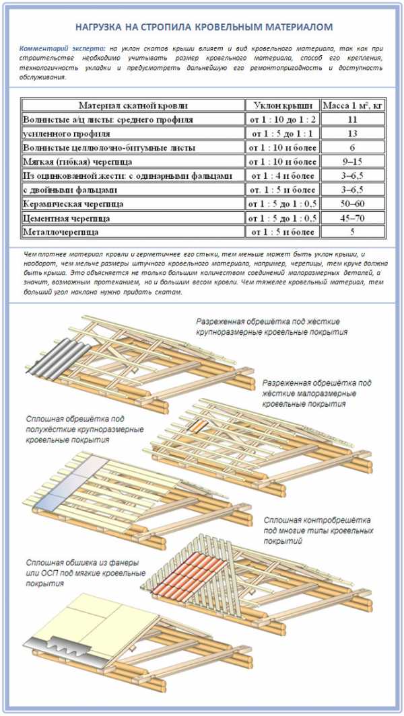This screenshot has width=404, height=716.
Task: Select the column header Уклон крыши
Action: (x=282, y=106)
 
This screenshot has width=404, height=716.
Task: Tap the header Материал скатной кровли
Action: (x=133, y=106)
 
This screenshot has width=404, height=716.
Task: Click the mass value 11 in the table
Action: (x=352, y=120)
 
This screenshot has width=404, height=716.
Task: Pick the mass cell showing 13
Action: (x=352, y=134)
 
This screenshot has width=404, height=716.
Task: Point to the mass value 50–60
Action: (x=352, y=204)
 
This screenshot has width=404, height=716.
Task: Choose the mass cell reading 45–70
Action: (x=352, y=218)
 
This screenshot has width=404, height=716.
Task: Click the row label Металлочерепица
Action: (x=61, y=232)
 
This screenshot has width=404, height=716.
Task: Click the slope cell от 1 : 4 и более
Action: (x=282, y=175)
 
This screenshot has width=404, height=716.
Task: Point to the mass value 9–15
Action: (x=352, y=162)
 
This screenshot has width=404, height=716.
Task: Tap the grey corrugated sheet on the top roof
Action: (x=57, y=357)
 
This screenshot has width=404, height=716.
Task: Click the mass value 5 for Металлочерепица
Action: (x=352, y=232)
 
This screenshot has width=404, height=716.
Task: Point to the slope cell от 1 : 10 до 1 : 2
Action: (x=282, y=120)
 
